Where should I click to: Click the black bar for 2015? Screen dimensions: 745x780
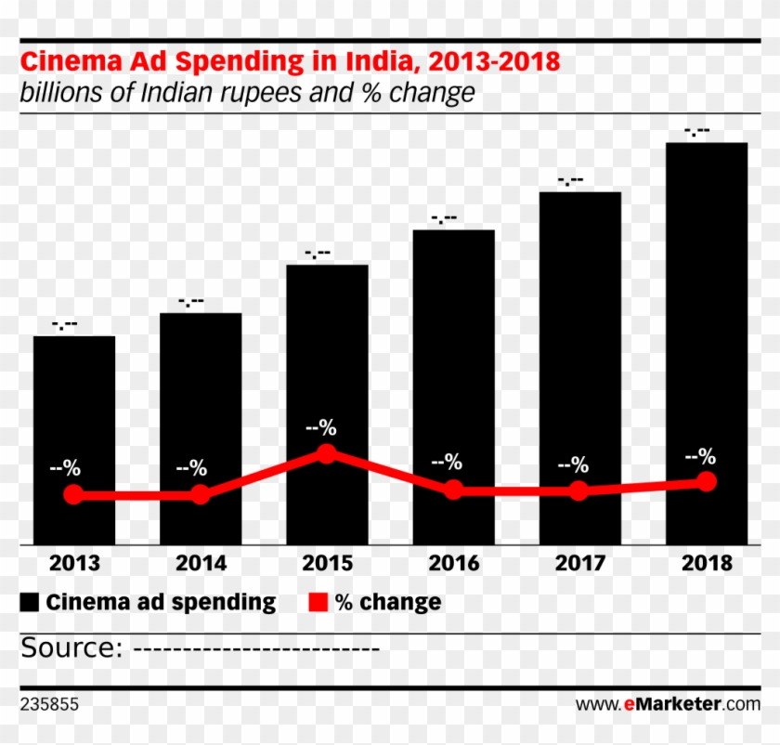pyautogui.click(x=327, y=372)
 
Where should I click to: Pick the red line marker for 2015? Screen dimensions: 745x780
pyautogui.click(x=326, y=453)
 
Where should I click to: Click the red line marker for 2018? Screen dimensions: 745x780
pyautogui.click(x=707, y=481)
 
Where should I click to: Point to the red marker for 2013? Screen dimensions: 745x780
pyautogui.click(x=73, y=495)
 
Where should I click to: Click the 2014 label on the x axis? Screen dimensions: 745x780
pyautogui.click(x=201, y=564)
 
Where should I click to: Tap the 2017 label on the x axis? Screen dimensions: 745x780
pyautogui.click(x=580, y=564)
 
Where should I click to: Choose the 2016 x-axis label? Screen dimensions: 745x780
pyautogui.click(x=453, y=564)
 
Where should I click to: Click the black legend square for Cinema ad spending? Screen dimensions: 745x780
pyautogui.click(x=30, y=603)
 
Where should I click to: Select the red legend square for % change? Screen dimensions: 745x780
pyautogui.click(x=318, y=603)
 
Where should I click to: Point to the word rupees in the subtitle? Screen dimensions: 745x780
pyautogui.click(x=282, y=93)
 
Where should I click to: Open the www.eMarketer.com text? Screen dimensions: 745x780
pyautogui.click(x=668, y=705)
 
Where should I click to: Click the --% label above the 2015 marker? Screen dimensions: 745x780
pyautogui.click(x=321, y=428)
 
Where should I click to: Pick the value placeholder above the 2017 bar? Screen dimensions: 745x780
pyautogui.click(x=570, y=180)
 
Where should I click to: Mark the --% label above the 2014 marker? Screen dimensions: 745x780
pyautogui.click(x=191, y=467)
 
